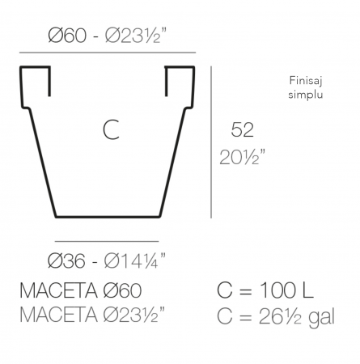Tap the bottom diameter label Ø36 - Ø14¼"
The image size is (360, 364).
[x=108, y=261]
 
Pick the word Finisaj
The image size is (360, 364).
[x=306, y=80]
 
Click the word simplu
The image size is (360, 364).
[x=306, y=94]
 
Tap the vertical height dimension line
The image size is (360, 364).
[x=211, y=142]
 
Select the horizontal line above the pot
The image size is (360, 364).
[x=108, y=53]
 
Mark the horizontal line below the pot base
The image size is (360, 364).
[x=108, y=240]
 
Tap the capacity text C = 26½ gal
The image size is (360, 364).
[x=275, y=314]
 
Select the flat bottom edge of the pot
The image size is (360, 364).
[x=108, y=217]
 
